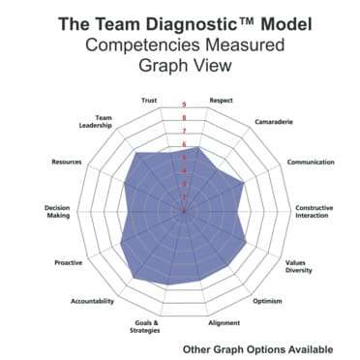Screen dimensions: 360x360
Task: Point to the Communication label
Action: point(312,162)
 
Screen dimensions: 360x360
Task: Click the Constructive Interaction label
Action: point(315,211)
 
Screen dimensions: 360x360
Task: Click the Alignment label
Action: point(224,323)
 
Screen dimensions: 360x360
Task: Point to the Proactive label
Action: point(69,262)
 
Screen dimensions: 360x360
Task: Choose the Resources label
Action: point(67,162)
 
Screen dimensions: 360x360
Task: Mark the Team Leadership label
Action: point(97,123)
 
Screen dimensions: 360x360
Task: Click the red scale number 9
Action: point(184,105)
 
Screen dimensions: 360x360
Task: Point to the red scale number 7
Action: point(184,131)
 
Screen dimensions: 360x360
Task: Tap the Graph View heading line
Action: point(181,67)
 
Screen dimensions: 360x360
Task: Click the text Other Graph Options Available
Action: point(257,348)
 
